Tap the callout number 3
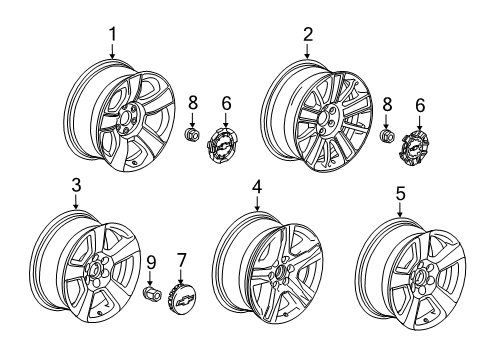pyautogui.click(x=75, y=185)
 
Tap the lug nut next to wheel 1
pyautogui.click(x=193, y=134)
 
